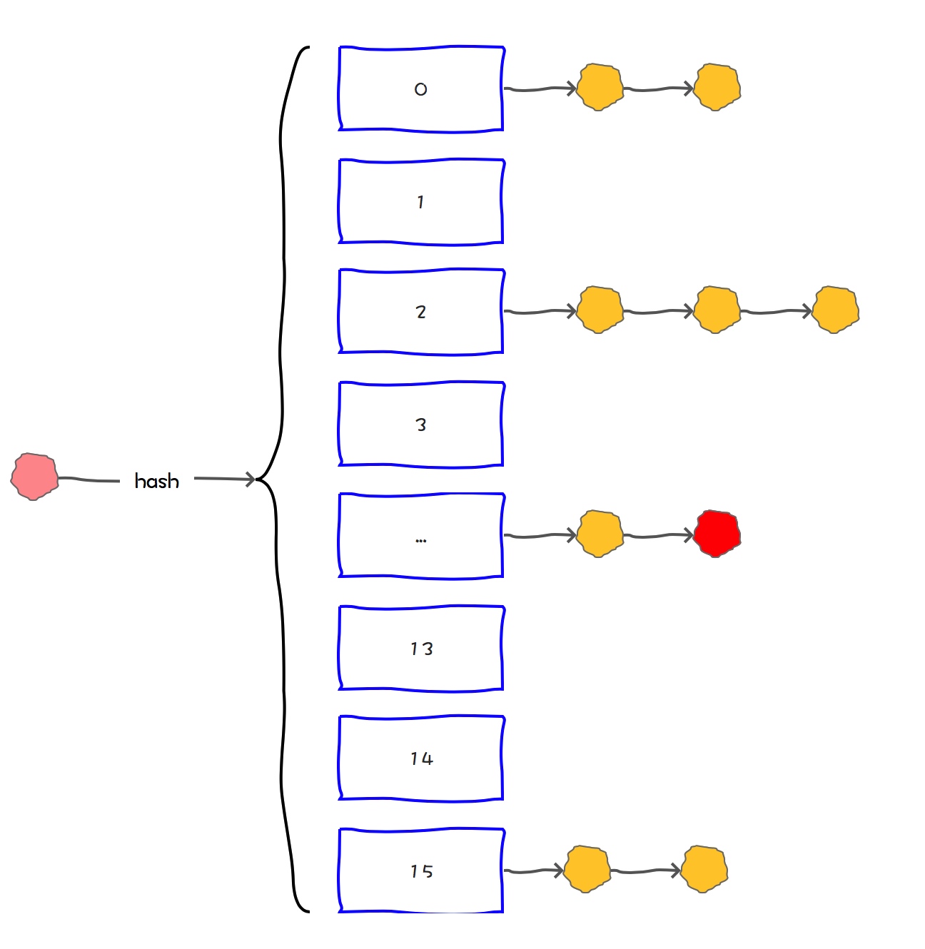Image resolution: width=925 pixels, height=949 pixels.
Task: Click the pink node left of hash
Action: tap(34, 477)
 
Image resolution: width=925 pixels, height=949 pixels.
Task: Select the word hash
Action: tap(156, 481)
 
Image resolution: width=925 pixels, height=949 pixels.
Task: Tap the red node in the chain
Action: tap(717, 534)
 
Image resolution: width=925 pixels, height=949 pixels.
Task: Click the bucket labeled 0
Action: tap(421, 89)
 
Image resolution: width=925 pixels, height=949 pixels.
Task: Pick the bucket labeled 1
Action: tap(421, 202)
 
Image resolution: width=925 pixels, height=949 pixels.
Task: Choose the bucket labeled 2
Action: tap(421, 312)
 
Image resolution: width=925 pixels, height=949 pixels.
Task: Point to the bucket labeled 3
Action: tap(421, 425)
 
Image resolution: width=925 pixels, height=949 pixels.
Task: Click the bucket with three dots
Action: tap(421, 535)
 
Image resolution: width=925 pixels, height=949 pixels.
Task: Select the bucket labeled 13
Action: tap(421, 649)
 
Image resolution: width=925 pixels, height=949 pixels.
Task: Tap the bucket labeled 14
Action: tap(421, 758)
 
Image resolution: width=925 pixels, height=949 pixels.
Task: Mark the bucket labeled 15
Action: tap(421, 871)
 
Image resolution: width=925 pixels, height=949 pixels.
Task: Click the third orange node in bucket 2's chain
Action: tap(835, 310)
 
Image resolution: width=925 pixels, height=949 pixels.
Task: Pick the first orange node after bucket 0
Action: tap(600, 88)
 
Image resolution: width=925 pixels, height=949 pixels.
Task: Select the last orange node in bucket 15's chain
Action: tap(704, 869)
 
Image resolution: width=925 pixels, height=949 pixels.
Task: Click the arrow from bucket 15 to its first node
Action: tap(534, 871)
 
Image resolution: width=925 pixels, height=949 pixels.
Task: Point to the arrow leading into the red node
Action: tap(658, 535)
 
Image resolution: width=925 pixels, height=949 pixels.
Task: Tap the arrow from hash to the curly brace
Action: tap(224, 479)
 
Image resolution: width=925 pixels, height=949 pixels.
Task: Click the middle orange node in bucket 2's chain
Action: tap(717, 310)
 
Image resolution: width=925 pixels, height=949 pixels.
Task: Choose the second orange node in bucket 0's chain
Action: tap(717, 88)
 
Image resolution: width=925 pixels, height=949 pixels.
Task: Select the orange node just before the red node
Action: tap(600, 534)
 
